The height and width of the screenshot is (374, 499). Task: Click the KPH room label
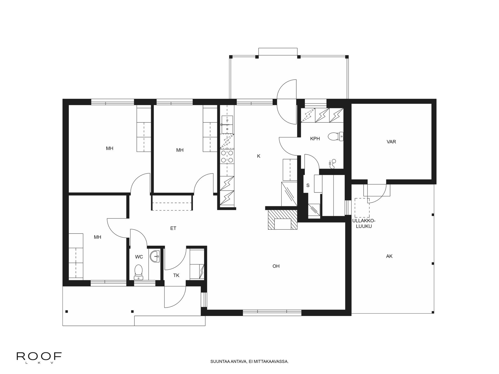pos(315,139)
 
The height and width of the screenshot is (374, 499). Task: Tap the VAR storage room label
pos(391,142)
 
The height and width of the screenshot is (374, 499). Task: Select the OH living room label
pos(276,266)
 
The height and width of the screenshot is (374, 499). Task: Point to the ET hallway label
pos(173,228)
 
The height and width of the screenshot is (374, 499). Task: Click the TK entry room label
pos(176,276)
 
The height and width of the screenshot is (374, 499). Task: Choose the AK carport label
pos(389,256)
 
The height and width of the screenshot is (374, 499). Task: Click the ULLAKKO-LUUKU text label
pos(364,224)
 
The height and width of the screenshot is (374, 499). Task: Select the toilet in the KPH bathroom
pos(336,136)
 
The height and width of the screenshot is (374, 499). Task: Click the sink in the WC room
pos(155,257)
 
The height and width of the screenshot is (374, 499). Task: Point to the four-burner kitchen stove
pos(227,157)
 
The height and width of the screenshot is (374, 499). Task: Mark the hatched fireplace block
pos(283,220)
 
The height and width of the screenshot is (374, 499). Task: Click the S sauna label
pos(308,185)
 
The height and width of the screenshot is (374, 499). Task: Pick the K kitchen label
pos(259,156)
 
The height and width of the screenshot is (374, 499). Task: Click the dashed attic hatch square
pos(362,208)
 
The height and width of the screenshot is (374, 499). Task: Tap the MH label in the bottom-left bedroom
pos(97,237)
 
